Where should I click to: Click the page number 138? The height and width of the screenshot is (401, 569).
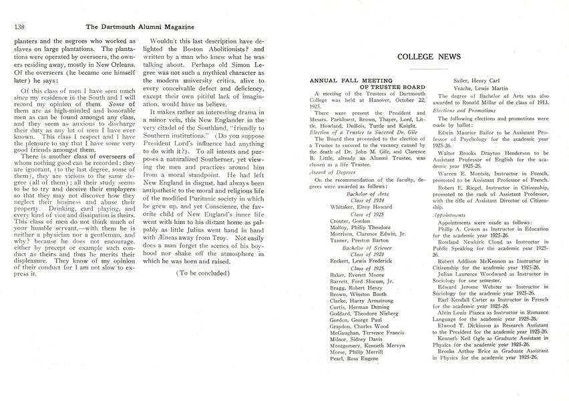tap(18, 26)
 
